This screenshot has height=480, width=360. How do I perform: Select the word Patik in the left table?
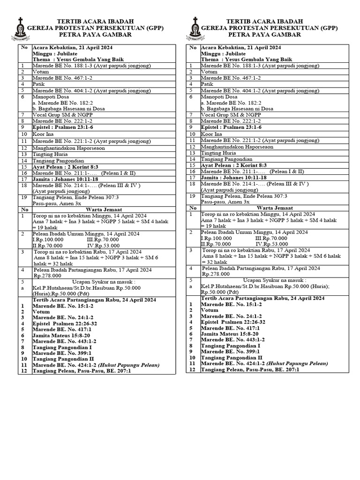[38, 84]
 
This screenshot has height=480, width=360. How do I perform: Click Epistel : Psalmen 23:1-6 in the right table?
[231, 127]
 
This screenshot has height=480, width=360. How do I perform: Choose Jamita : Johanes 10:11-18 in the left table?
[65, 178]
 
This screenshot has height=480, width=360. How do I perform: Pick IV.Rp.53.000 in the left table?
[103, 244]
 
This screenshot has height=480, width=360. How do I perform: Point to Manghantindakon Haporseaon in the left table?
[68, 147]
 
